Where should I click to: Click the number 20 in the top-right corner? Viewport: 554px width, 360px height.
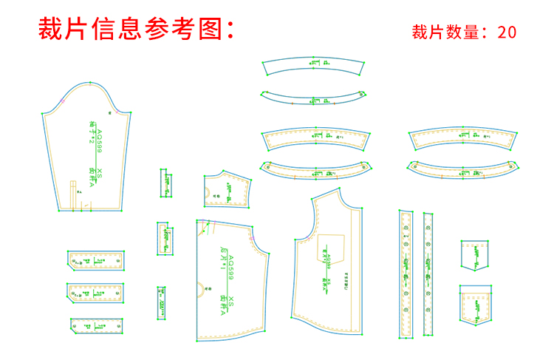pyautogui.click(x=507, y=32)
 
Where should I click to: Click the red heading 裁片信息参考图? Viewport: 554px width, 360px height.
pyautogui.click(x=137, y=30)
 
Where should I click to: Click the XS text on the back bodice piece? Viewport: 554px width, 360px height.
pyautogui.click(x=230, y=302)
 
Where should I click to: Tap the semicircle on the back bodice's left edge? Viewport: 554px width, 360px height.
pyautogui.click(x=200, y=288)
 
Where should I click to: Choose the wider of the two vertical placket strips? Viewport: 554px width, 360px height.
pyautogui.click(x=406, y=274)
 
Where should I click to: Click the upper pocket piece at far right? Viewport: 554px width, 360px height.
pyautogui.click(x=475, y=254)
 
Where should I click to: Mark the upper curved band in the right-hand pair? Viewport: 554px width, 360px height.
pyautogui.click(x=462, y=138)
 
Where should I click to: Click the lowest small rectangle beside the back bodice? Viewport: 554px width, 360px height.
pyautogui.click(x=161, y=303)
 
